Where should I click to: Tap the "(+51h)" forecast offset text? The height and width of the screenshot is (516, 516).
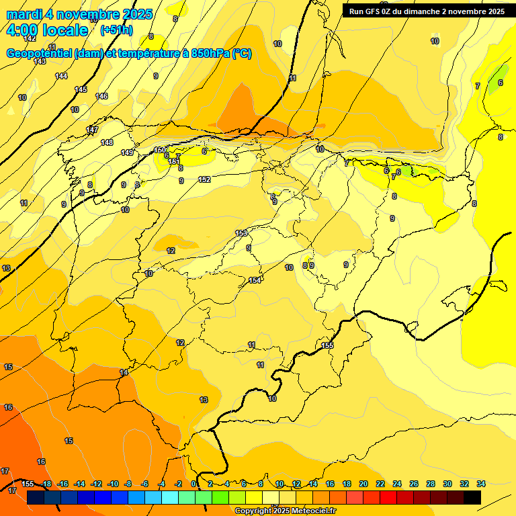(x=116, y=30)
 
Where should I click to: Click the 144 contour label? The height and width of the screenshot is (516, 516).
(x=61, y=76)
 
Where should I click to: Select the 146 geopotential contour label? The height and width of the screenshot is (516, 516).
(x=101, y=96)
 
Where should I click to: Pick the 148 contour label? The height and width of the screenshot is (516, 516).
(x=107, y=142)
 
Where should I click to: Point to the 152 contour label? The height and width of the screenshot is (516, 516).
(x=204, y=179)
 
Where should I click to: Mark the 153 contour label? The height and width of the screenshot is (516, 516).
(x=241, y=233)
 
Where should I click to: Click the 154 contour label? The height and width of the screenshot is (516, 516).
(x=255, y=280)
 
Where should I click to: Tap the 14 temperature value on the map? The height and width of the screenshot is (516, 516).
(x=124, y=372)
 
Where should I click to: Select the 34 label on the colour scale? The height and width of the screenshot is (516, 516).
(x=481, y=484)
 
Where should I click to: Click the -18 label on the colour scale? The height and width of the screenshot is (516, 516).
(x=46, y=484)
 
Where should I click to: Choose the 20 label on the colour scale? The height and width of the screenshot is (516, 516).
(x=363, y=484)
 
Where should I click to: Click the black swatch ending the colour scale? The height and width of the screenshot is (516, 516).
(x=472, y=497)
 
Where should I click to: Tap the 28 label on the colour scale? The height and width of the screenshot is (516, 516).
(x=431, y=484)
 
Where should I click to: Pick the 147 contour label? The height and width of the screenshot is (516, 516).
(x=92, y=130)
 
